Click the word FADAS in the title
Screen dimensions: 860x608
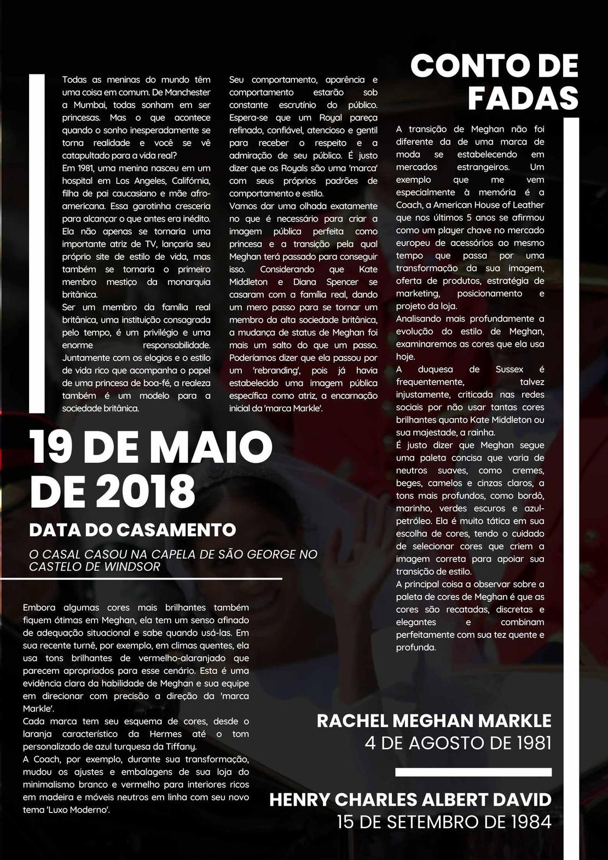coord(523,98)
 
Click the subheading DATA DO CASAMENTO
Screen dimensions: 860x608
coord(132,530)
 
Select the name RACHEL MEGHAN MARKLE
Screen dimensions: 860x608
coord(434,720)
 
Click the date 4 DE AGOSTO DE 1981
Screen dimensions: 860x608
coord(458,743)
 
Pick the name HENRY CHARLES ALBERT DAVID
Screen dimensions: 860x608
coord(410,800)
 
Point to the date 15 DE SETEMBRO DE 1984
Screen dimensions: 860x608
coord(444,822)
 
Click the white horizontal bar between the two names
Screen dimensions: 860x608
coord(473,772)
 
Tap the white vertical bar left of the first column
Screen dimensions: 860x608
coord(37,243)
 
